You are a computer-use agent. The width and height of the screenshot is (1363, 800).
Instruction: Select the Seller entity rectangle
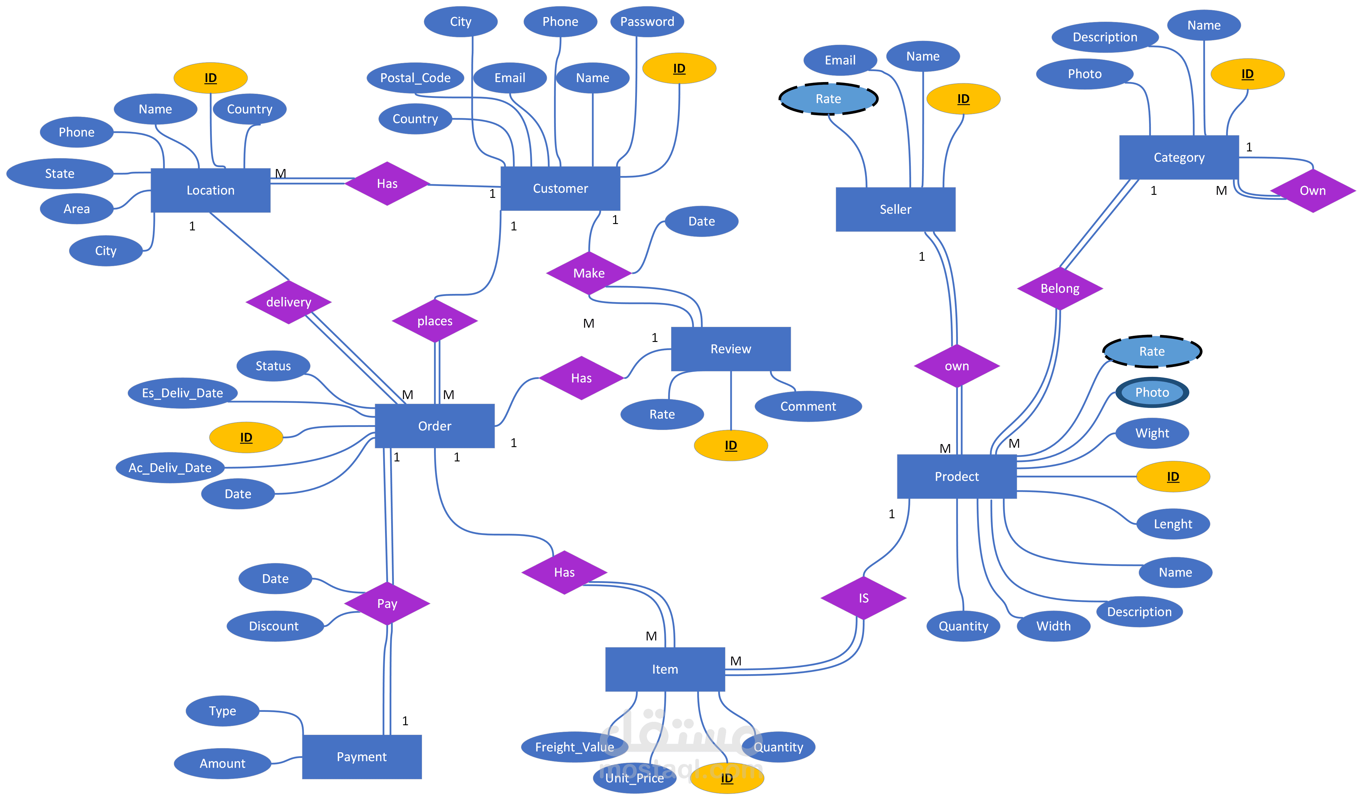point(895,209)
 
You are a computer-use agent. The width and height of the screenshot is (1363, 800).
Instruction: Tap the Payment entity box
point(361,757)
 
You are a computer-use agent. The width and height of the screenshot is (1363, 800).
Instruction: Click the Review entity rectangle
point(730,349)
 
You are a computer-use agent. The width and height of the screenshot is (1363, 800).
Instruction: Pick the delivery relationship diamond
point(288,302)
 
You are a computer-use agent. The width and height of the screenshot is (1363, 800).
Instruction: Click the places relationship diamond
point(434,321)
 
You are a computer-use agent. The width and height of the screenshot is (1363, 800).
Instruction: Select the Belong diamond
point(1060,288)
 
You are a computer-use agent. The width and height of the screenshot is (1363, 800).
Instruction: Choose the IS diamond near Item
point(863,598)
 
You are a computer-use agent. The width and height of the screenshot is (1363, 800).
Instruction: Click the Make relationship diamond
point(588,273)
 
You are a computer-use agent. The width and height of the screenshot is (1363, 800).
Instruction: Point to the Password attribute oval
point(647,22)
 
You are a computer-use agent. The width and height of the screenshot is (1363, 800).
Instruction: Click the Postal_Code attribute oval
point(415,78)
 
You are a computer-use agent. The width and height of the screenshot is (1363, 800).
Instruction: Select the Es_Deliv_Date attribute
point(182,393)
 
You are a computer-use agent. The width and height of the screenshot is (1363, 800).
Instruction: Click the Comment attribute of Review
point(807,406)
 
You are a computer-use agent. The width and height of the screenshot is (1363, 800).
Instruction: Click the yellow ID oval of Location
point(210,78)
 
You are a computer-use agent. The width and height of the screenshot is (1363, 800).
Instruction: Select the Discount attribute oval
point(274,626)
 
